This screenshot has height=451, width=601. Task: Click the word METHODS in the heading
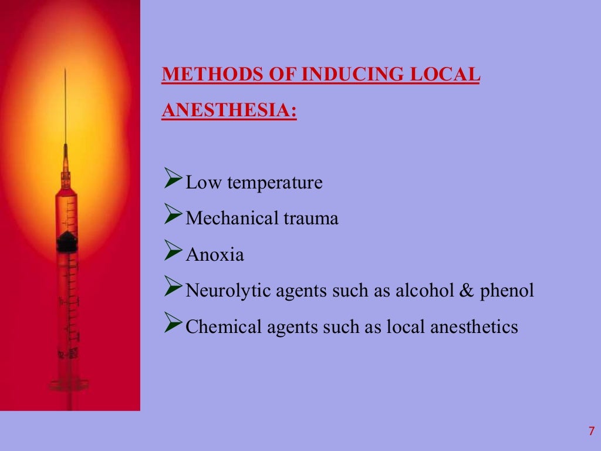pos(198,76)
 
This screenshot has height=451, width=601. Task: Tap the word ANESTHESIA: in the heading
pos(229,110)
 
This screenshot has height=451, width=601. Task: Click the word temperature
pos(275,183)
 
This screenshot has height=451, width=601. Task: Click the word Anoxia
pos(215,255)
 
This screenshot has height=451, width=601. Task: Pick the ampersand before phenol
pos(467,291)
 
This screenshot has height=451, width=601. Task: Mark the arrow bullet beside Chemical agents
pos(172,325)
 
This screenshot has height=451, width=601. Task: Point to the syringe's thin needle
pos(65,106)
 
